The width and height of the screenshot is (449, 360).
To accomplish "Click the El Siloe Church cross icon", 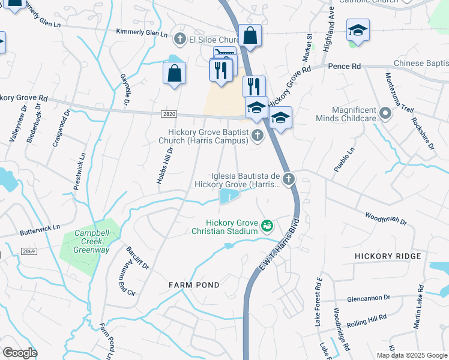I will pyautogui.click(x=179, y=40).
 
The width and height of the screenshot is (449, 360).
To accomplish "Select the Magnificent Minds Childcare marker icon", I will pyautogui.click(x=385, y=112).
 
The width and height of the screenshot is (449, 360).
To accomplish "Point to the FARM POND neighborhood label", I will pyautogui.click(x=194, y=284).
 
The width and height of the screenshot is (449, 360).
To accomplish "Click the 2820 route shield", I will pyautogui.click(x=169, y=113).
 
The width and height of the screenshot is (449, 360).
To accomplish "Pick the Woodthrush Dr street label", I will pyautogui.click(x=386, y=218).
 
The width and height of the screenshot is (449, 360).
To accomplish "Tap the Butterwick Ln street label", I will pyautogui.click(x=41, y=227).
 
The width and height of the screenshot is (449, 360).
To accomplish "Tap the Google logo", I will pyautogui.click(x=19, y=353).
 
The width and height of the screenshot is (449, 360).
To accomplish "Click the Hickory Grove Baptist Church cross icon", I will pyautogui.click(x=257, y=136).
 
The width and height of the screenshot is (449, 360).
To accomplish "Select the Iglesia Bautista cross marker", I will pyautogui.click(x=289, y=178).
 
